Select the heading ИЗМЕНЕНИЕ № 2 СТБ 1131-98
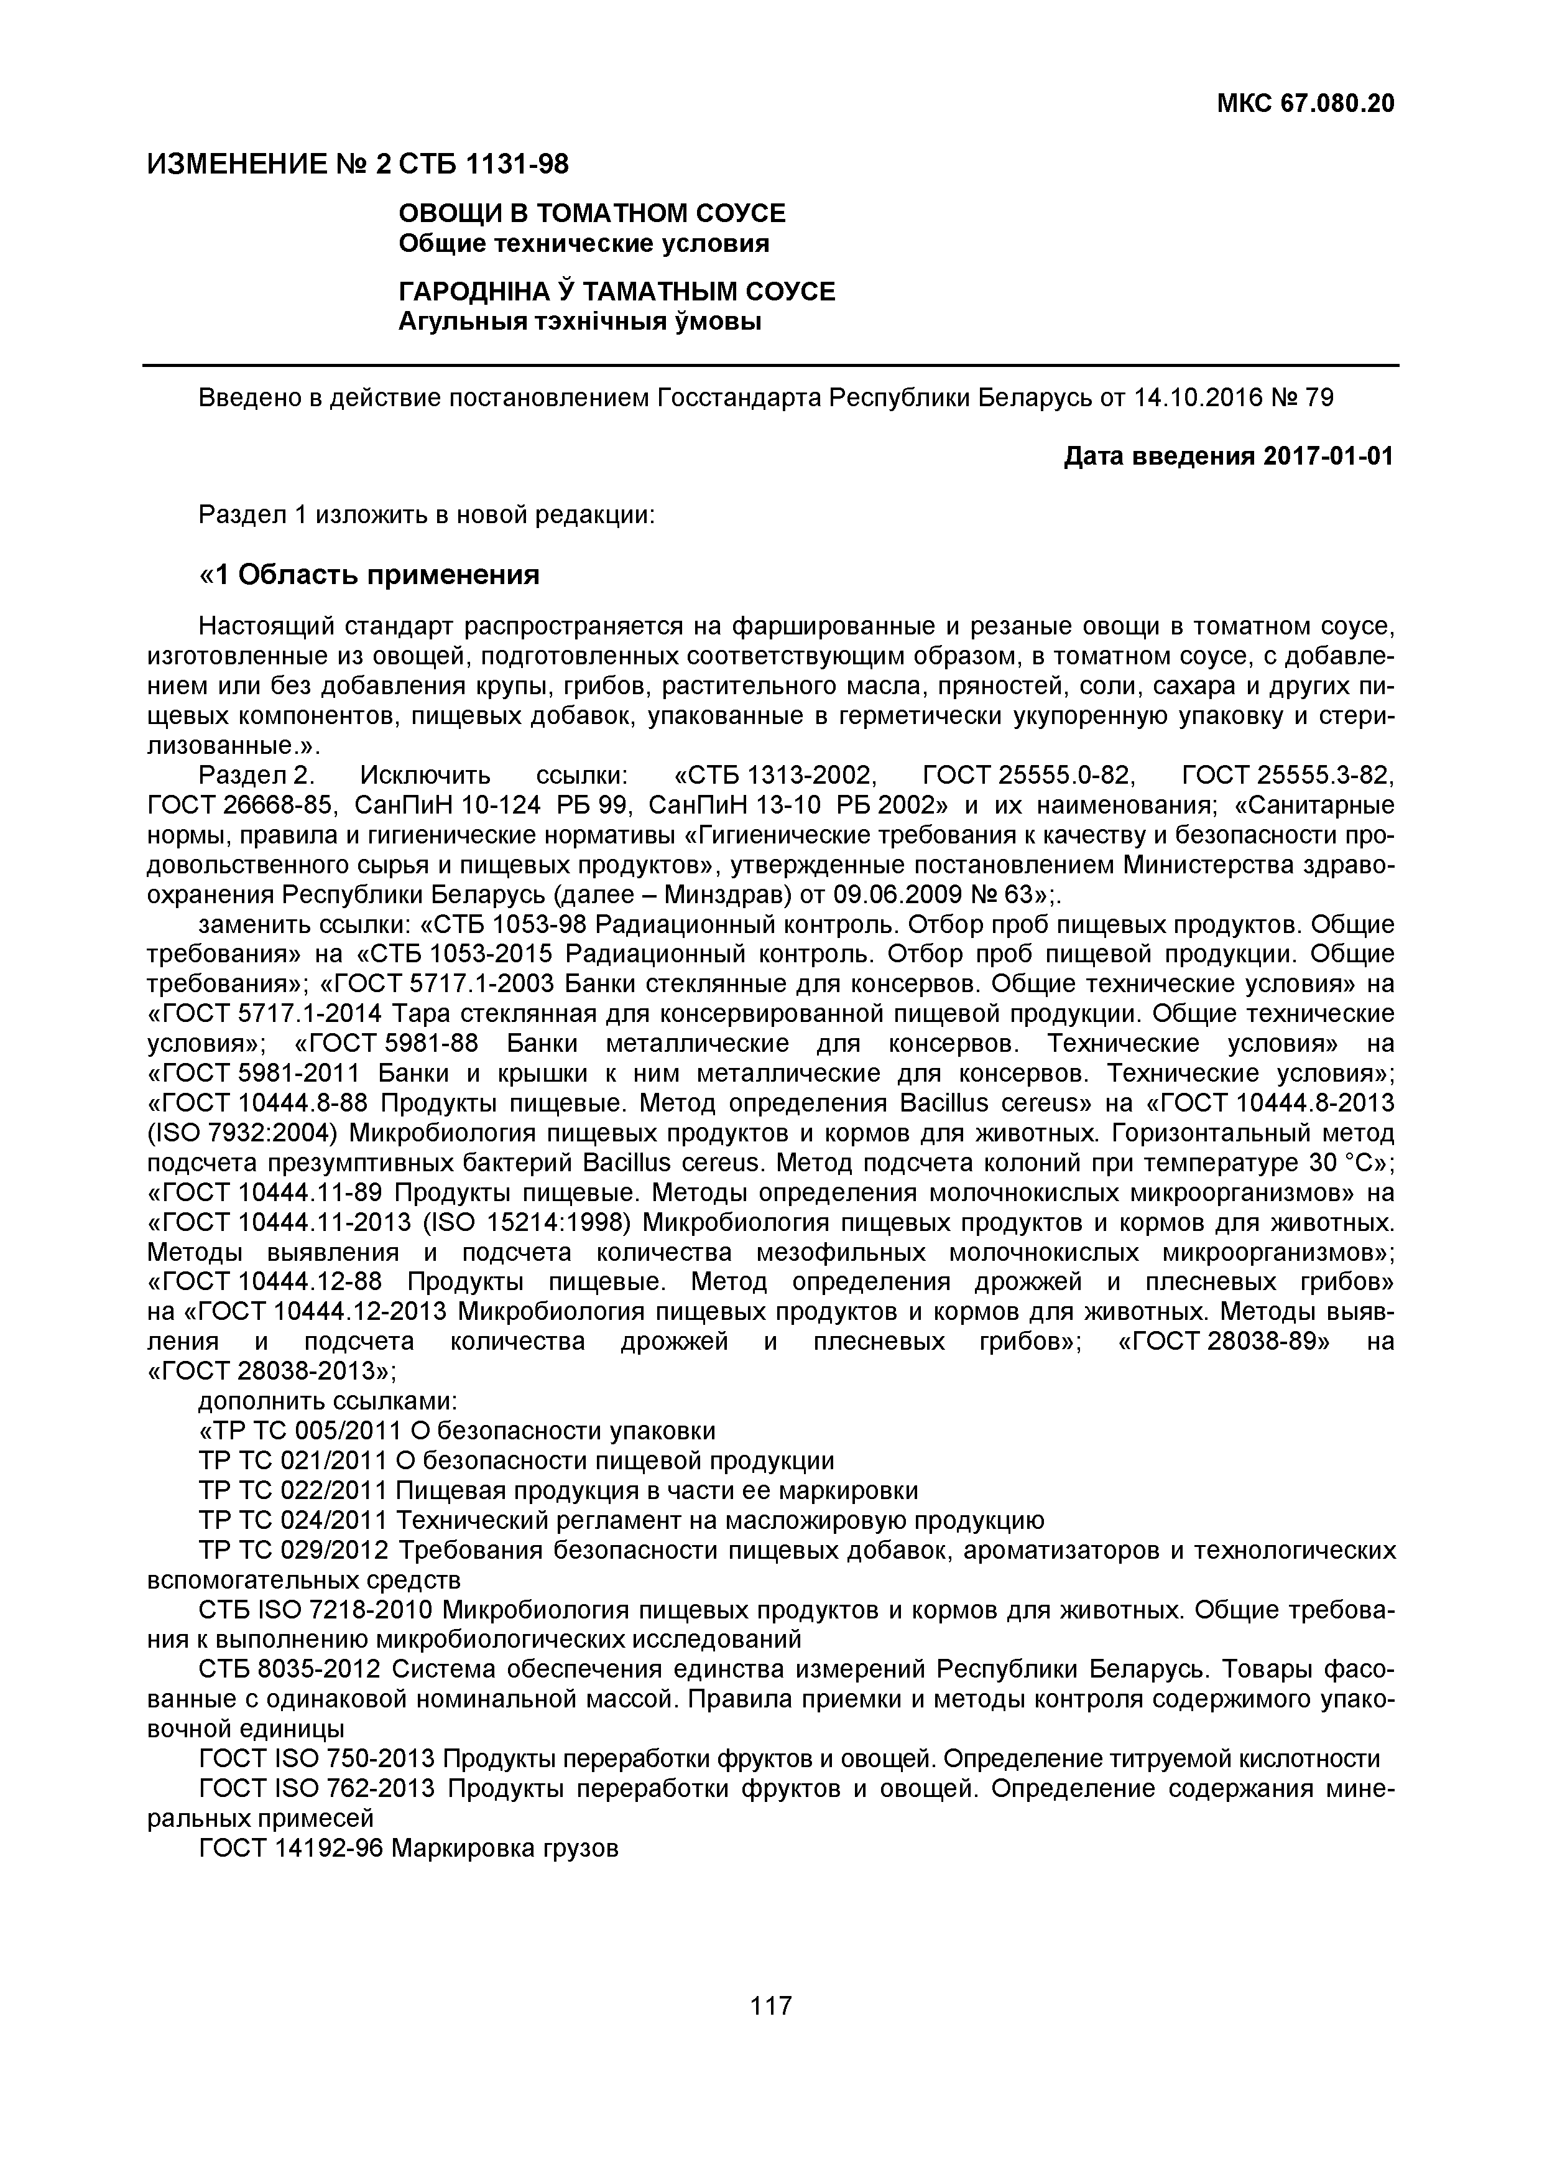click(x=358, y=164)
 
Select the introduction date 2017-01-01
click(x=1328, y=457)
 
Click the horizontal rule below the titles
click(x=770, y=365)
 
